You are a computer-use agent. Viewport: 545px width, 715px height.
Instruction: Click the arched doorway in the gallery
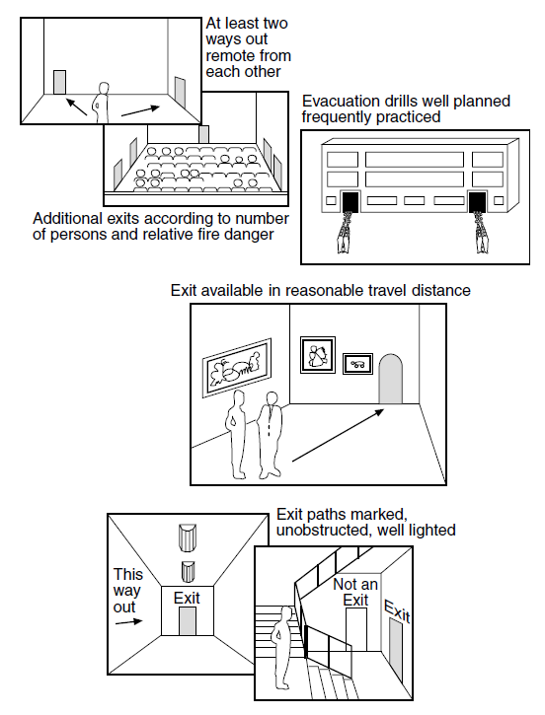(391, 380)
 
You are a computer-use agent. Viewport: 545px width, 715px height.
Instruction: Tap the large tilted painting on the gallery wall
(237, 367)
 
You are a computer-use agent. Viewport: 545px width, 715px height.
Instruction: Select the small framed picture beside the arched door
(357, 364)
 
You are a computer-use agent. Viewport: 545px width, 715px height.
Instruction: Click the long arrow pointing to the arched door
(338, 436)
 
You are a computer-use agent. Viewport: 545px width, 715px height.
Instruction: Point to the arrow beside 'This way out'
(128, 621)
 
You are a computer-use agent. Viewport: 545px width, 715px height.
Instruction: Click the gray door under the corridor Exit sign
(188, 620)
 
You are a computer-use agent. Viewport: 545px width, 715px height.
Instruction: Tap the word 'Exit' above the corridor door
(187, 598)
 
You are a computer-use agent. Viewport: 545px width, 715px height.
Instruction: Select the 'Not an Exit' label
(355, 592)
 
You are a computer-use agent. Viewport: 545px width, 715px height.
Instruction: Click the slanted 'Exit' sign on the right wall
(398, 611)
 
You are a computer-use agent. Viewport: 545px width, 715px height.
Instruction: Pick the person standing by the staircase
(281, 648)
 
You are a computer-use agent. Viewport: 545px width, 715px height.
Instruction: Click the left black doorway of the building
(350, 202)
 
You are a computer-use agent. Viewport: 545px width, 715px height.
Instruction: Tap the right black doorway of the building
(478, 202)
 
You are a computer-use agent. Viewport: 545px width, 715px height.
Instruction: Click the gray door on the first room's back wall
(59, 82)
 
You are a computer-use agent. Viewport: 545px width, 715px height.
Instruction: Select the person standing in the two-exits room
(102, 103)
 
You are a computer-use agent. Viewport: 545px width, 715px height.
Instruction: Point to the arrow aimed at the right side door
(140, 111)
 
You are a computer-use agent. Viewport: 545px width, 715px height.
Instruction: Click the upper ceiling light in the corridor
(188, 537)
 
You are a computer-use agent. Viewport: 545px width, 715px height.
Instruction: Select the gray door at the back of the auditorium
(204, 134)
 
